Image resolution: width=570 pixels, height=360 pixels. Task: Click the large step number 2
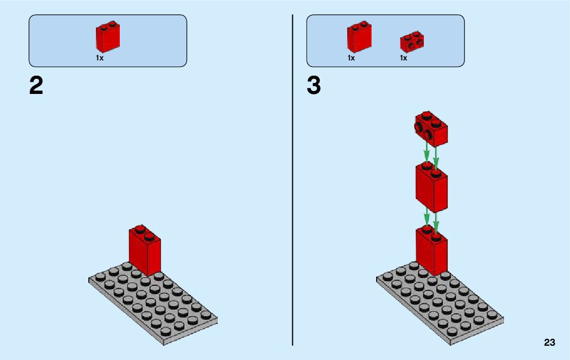[x=36, y=86]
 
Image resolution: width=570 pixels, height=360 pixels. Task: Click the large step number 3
[x=314, y=86]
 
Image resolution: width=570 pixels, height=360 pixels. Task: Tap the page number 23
[x=549, y=343]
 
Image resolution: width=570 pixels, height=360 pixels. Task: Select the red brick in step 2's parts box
[x=108, y=38]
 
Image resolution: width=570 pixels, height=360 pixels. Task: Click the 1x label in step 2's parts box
[x=99, y=58]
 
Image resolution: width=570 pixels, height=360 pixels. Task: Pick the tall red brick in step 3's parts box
[x=359, y=38]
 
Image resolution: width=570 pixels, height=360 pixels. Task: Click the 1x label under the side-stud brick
[x=403, y=58]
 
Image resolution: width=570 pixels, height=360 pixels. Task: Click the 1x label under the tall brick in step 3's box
[x=351, y=58]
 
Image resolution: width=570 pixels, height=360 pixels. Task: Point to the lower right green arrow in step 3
[x=436, y=221]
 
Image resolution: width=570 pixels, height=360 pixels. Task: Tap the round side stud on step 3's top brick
[x=429, y=135]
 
